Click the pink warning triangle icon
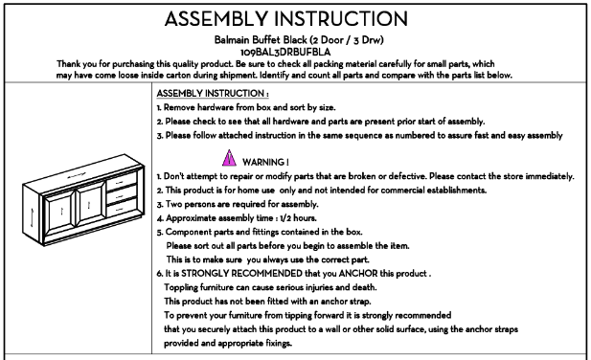tap(229, 159)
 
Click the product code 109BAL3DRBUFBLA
tap(285, 52)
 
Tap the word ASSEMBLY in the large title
tap(216, 19)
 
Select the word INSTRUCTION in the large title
tap(341, 19)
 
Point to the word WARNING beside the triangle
tap(263, 163)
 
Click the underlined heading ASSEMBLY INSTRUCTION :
tap(213, 94)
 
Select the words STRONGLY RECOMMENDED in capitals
tap(241, 274)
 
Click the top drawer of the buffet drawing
tap(122, 182)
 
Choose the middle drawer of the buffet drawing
tap(122, 195)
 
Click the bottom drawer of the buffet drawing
tap(122, 208)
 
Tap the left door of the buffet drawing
tap(59, 212)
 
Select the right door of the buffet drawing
tap(90, 204)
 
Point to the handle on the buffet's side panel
tap(32, 217)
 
